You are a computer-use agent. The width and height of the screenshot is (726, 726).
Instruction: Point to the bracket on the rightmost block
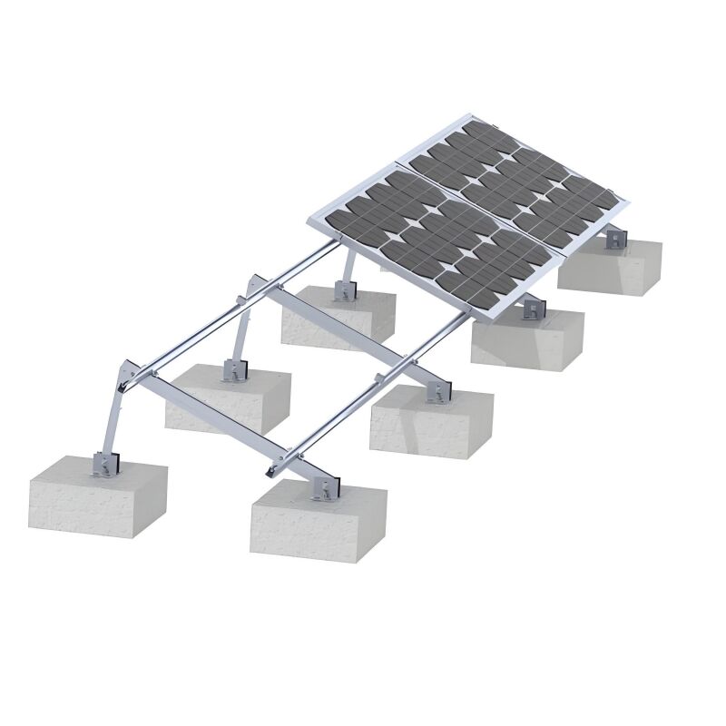616,239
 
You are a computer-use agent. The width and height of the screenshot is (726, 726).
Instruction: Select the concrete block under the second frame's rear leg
227,399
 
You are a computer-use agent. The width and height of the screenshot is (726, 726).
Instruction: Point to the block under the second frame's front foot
431,422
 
